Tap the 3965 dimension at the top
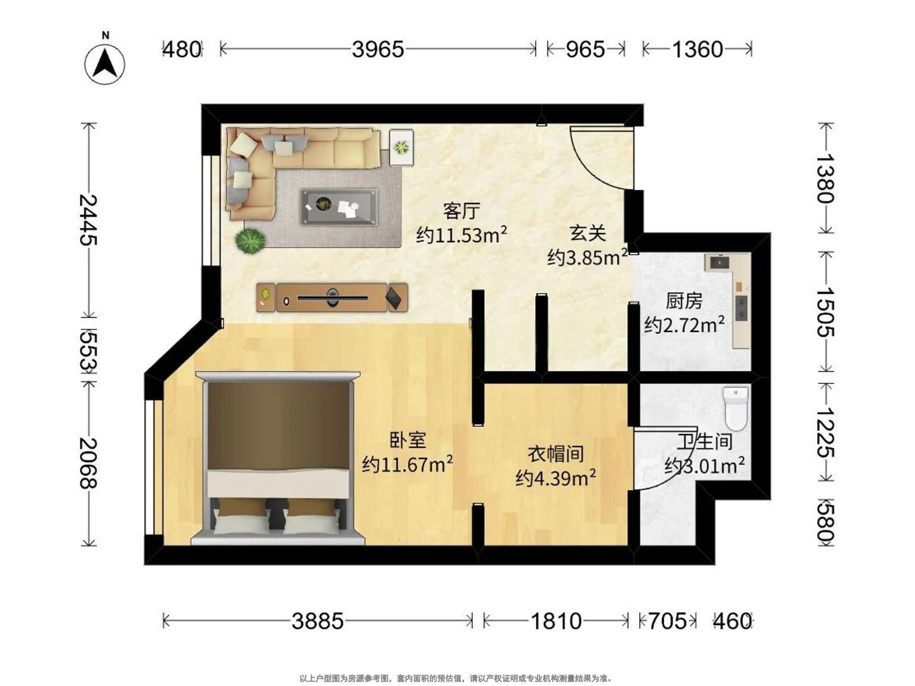coord(377,50)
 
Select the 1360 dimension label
coord(698,50)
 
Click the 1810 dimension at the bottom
coord(555,621)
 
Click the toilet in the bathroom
coord(735,408)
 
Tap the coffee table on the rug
coord(339,207)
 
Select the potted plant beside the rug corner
coord(250,240)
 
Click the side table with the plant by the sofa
coord(402,147)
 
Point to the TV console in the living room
coord(332,297)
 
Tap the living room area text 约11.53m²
coord(461,235)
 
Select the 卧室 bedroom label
coord(407,441)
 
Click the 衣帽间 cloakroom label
coord(555,454)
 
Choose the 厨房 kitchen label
coord(684,300)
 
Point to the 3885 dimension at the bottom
coord(318,621)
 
